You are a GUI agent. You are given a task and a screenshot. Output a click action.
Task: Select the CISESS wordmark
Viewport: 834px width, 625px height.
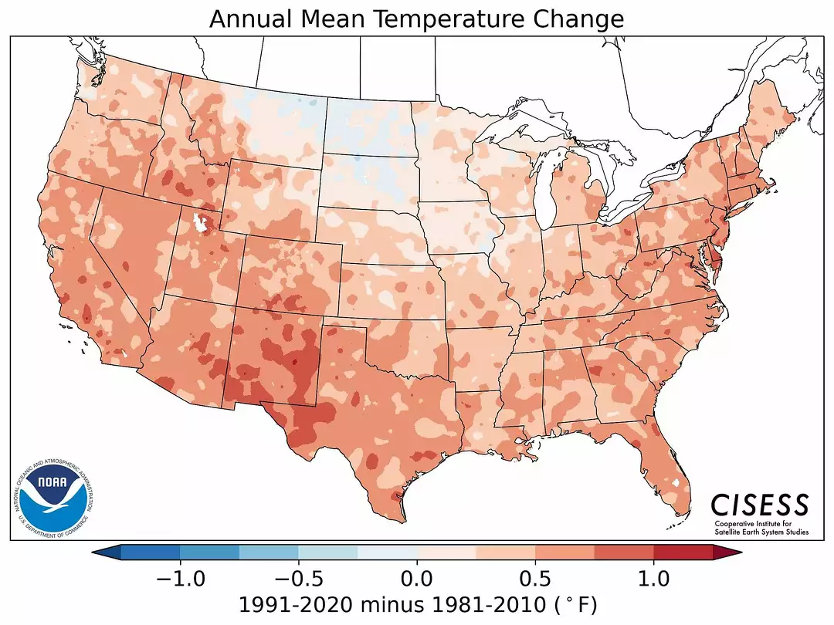point(759,505)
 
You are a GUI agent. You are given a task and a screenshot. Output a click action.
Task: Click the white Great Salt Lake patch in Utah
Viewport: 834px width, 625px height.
point(203,224)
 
